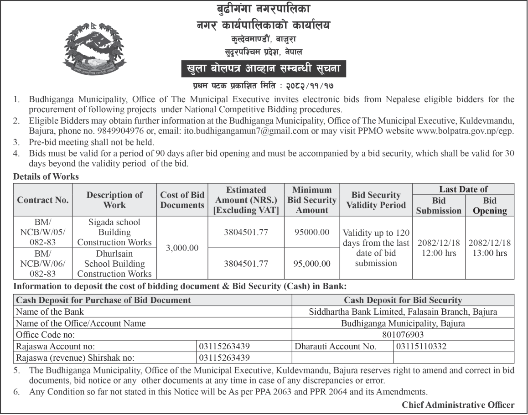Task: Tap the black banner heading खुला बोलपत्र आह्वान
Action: click(264, 70)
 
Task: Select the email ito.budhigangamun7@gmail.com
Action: click(246, 131)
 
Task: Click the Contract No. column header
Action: click(43, 200)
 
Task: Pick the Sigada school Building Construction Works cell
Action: click(114, 232)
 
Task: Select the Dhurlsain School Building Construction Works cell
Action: click(114, 264)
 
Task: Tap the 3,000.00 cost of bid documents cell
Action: click(182, 248)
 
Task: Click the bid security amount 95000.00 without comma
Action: click(312, 232)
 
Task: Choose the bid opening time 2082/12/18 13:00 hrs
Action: click(490, 248)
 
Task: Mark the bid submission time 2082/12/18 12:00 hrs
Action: click(438, 248)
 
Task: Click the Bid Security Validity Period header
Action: click(376, 200)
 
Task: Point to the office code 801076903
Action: click(403, 335)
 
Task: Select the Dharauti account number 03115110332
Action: click(421, 346)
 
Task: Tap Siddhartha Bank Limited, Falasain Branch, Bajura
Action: click(403, 312)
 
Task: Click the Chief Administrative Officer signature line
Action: click(458, 405)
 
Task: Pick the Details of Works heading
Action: click(46, 176)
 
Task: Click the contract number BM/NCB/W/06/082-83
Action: click(43, 264)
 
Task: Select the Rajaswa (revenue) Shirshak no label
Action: click(75, 358)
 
